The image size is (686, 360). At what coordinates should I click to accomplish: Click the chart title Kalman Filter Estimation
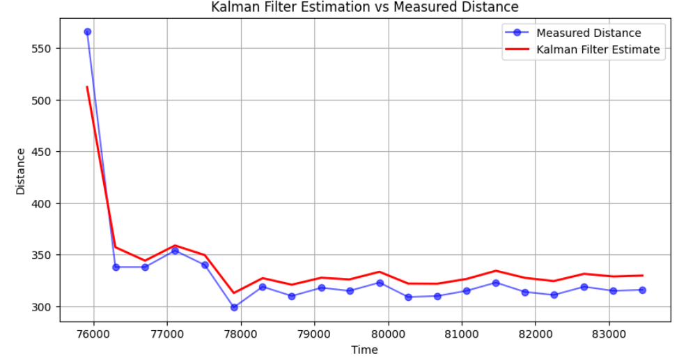[365, 8]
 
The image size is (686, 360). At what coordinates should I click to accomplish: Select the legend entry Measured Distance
[588, 33]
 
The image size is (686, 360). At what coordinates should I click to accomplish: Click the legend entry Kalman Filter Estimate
[598, 49]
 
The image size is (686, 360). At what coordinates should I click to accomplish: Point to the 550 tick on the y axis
[44, 49]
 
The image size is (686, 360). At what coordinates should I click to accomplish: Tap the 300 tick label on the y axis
[44, 307]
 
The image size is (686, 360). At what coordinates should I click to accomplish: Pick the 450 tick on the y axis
[44, 152]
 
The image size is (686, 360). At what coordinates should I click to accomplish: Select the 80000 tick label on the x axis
[388, 334]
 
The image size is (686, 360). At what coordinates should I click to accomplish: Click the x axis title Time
[364, 350]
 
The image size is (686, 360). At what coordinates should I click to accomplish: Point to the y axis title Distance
[21, 171]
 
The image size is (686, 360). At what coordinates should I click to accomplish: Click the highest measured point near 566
[88, 31]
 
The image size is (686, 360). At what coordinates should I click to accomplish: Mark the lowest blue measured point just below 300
[234, 307]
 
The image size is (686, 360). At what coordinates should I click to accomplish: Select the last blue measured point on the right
[642, 290]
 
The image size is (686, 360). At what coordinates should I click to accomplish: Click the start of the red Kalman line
[87, 87]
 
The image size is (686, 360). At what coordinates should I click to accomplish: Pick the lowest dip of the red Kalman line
[234, 292]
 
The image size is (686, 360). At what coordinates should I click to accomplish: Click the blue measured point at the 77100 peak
[175, 251]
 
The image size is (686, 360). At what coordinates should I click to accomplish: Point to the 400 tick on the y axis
[44, 203]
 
